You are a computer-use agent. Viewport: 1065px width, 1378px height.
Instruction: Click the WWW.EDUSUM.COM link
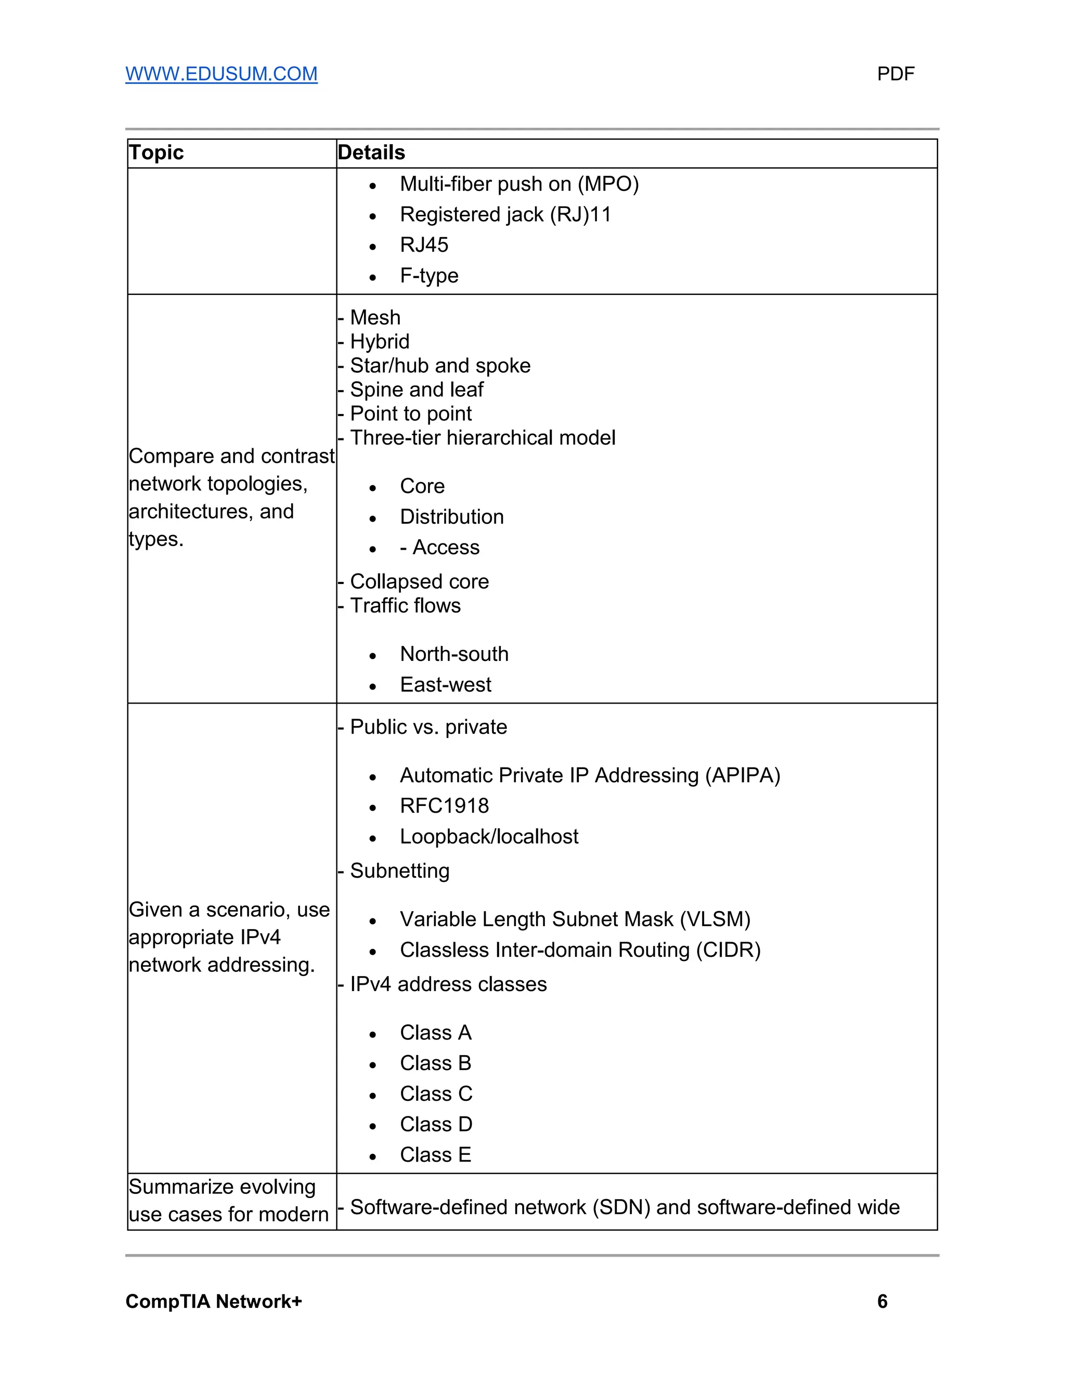click(x=222, y=74)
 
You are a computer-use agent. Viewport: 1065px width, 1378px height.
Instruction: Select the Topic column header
click(x=156, y=153)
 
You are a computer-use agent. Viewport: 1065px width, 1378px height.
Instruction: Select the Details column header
click(x=371, y=153)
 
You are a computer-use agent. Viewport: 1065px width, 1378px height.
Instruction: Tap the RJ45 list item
click(x=424, y=245)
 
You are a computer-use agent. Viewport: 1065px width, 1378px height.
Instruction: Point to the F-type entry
click(x=429, y=276)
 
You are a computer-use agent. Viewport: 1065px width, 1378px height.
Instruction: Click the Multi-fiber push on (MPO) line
click(x=518, y=184)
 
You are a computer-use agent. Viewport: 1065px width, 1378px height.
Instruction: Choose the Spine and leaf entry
click(x=417, y=390)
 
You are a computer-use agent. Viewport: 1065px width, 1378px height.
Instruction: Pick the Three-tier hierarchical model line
click(x=482, y=438)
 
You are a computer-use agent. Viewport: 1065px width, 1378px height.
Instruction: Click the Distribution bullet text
click(x=452, y=517)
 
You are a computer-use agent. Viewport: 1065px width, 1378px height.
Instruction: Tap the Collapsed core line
click(x=419, y=582)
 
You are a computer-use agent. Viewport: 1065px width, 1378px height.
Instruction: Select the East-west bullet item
click(x=446, y=685)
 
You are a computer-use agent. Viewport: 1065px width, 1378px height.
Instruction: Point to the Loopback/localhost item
click(x=489, y=837)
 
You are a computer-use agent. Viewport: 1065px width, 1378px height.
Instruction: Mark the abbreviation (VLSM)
click(x=715, y=919)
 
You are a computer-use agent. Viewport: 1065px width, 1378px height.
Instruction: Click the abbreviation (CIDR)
click(x=728, y=950)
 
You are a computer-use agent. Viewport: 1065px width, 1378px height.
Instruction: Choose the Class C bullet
click(x=436, y=1094)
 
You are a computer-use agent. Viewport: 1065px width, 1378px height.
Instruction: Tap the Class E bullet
click(x=435, y=1155)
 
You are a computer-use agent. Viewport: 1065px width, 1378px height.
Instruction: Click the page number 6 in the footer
click(x=882, y=1301)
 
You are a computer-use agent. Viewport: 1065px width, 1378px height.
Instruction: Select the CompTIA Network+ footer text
click(x=214, y=1301)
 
